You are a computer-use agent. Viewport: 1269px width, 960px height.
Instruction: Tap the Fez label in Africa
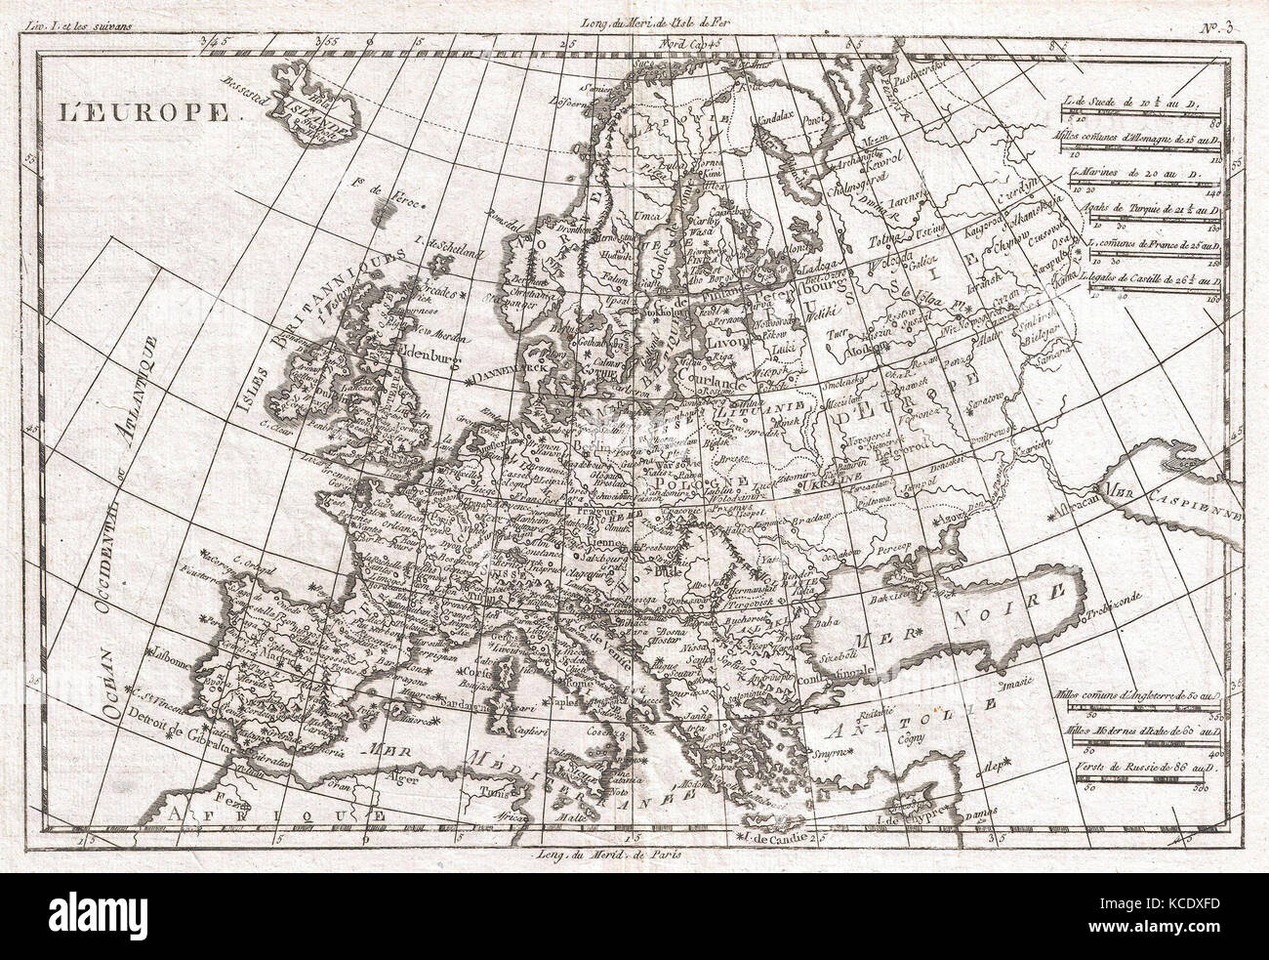coord(226,800)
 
